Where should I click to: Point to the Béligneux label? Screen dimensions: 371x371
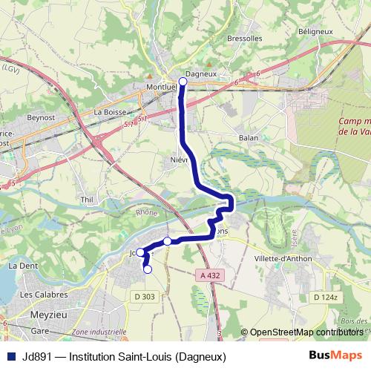coord(314,32)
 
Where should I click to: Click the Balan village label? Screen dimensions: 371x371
coord(248,138)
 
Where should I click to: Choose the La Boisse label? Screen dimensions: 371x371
coord(108,112)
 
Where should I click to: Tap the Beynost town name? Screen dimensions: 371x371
coord(42,117)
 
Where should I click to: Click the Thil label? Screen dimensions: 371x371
coord(87,200)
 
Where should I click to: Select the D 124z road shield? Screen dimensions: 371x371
coord(325,298)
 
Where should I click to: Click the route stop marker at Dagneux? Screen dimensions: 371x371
coord(183,81)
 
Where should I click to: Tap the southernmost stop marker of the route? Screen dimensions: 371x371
coord(147,269)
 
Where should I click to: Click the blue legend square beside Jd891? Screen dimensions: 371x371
coord(10,356)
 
